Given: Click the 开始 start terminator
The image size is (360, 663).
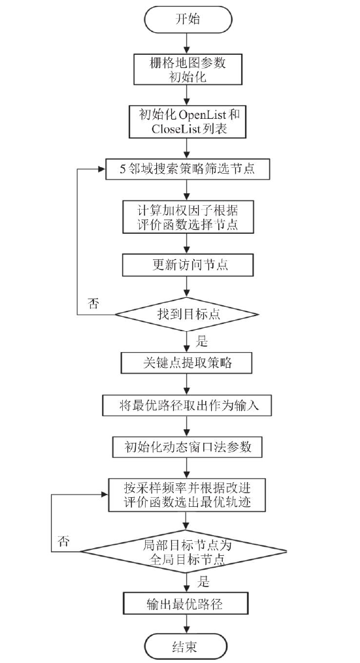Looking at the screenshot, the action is pos(188,20).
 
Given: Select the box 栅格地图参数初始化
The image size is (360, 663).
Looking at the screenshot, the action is pos(188,69).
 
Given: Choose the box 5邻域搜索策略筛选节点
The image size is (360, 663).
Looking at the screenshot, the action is pos(187,169).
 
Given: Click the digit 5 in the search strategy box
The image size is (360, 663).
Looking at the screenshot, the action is pos(123,169).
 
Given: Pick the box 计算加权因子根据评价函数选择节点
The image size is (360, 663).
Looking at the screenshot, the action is pos(188,216).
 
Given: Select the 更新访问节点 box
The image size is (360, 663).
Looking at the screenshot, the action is pos(188,265).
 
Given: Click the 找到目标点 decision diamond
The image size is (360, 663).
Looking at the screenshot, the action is pos(187,314).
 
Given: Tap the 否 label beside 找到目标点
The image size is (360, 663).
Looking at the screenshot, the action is pos(93,302).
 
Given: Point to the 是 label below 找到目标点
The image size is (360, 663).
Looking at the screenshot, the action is pos(202,341).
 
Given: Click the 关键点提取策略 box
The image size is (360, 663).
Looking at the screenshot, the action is pos(187,363).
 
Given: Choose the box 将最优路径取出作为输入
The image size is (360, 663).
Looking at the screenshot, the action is pos(187,406).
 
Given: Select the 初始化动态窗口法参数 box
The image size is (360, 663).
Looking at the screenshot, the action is pos(188,447).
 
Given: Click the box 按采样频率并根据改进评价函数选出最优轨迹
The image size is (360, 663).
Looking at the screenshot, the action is pos(188,496).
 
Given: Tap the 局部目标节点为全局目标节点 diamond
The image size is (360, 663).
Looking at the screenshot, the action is pos(184,551).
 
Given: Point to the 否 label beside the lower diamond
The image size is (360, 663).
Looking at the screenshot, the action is pos(63,541).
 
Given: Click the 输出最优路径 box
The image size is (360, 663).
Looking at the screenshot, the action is pos(185,604).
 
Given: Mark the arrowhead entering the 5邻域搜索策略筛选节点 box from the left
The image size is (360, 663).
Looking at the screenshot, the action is pos(101,169).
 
